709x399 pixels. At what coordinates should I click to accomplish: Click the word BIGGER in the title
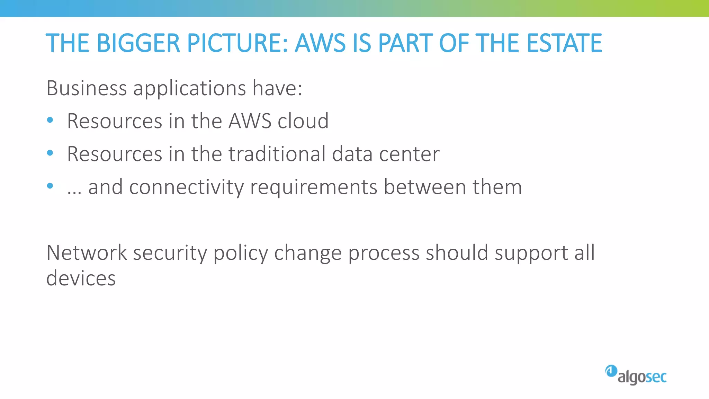click(138, 43)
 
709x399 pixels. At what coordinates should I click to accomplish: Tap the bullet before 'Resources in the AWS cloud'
click(50, 120)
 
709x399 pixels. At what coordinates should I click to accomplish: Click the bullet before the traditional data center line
click(50, 153)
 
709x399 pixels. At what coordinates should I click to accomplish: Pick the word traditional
click(277, 154)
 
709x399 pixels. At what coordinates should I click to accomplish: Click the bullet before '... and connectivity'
click(50, 186)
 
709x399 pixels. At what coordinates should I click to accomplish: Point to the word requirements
click(314, 188)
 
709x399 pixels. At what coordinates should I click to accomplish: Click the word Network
click(87, 252)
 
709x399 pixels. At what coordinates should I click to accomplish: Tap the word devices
click(81, 278)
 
